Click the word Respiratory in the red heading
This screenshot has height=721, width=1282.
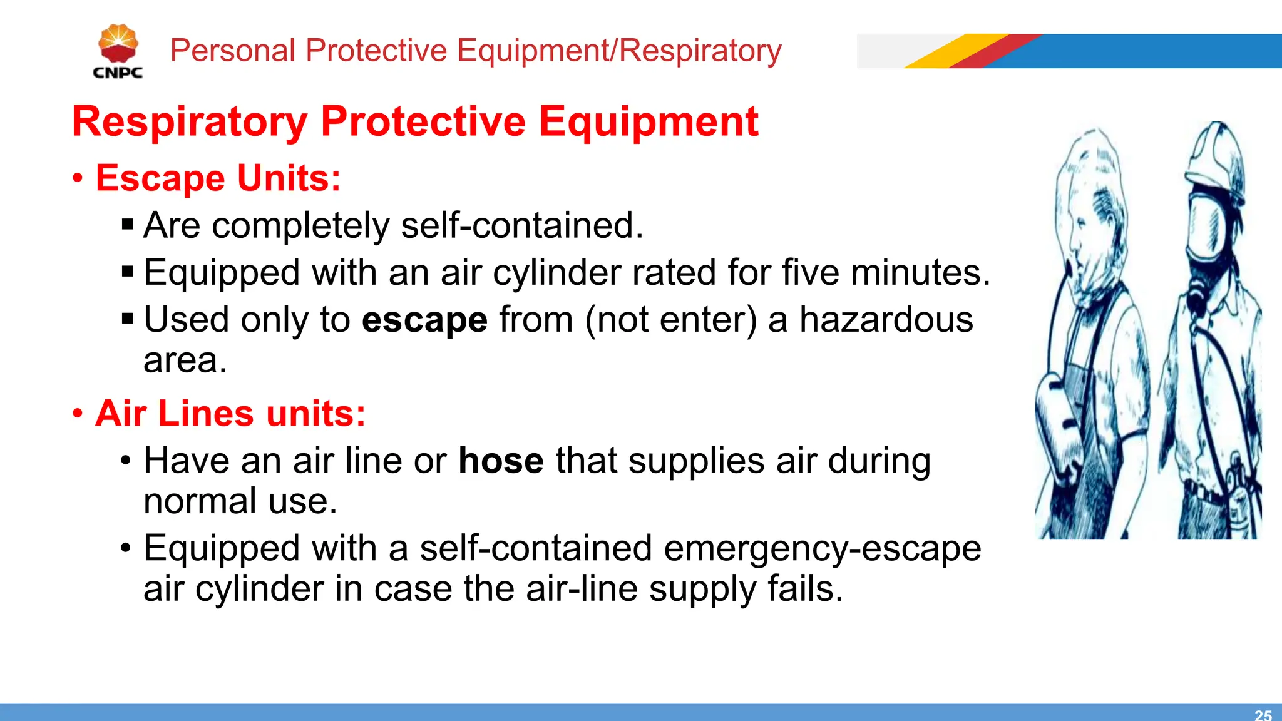coord(190,121)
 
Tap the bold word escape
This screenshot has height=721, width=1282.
coord(424,320)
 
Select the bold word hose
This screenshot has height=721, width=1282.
coord(501,461)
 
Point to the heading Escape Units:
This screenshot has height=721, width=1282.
coord(218,178)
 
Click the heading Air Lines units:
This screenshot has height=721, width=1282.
coord(230,414)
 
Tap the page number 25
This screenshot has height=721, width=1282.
coord(1263,715)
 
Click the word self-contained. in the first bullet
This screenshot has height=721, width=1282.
coord(522,225)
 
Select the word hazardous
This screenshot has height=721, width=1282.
coord(886,320)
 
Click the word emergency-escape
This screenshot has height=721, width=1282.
coord(822,549)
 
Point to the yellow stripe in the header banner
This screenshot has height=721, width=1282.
coord(955,51)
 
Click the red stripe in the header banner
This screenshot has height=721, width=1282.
coord(995,51)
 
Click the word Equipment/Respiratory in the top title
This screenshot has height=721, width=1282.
coord(618,51)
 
